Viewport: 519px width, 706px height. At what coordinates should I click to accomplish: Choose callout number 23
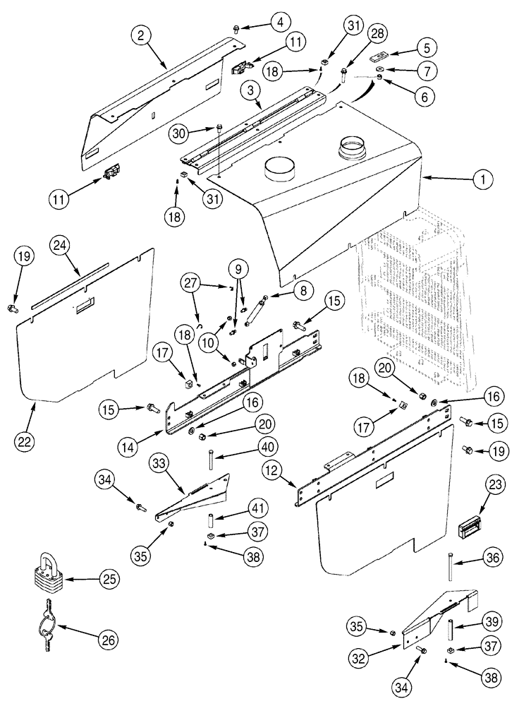[x=493, y=486]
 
